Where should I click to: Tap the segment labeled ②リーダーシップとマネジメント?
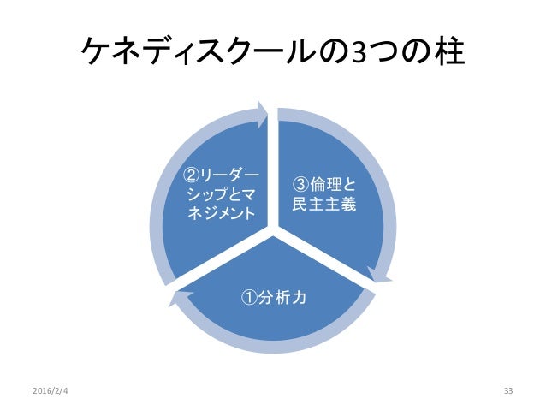click(x=218, y=193)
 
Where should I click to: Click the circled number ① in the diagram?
click(x=247, y=298)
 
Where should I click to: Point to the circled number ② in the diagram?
click(x=193, y=175)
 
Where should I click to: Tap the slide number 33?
click(x=508, y=391)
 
